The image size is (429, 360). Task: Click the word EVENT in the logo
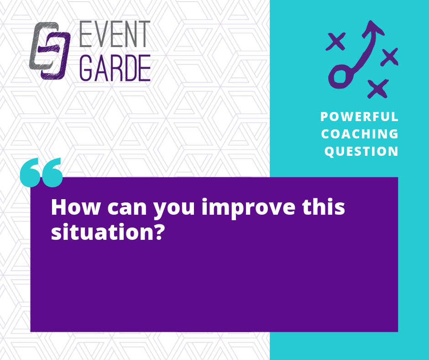pos(115,34)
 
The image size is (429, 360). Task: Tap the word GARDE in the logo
pos(115,68)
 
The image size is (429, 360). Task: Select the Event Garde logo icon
pos(50,51)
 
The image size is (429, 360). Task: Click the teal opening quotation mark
pos(42,172)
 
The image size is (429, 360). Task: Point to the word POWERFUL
pos(359,116)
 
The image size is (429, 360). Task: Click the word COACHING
pos(360,134)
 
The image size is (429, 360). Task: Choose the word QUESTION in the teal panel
pos(361,151)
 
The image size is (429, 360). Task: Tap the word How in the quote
pos(75,207)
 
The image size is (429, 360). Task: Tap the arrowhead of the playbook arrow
pos(373,28)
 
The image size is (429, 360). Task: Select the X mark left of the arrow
pos(335,41)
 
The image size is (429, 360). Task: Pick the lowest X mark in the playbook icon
pos(378,89)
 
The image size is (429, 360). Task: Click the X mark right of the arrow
pos(390,57)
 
